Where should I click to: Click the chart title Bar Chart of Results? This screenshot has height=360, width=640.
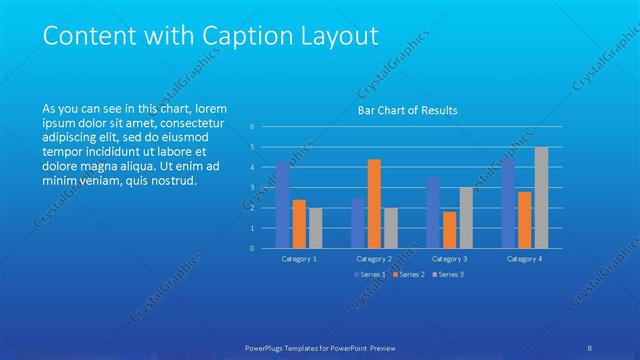(408, 110)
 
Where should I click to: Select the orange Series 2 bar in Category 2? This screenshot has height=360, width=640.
(374, 203)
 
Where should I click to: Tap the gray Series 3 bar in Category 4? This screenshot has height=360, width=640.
(541, 197)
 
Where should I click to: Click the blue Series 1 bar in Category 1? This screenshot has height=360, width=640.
(283, 205)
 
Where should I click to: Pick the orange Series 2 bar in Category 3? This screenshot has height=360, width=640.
(449, 229)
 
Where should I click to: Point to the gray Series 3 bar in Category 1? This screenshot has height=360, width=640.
(316, 227)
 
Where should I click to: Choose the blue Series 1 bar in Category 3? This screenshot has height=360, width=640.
(433, 212)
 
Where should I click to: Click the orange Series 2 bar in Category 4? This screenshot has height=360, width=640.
(525, 219)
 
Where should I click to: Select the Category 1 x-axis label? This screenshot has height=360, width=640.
(299, 258)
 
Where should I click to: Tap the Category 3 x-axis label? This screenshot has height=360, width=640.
(449, 258)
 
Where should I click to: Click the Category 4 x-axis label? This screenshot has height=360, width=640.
(524, 258)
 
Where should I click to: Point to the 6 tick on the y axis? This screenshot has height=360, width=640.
(253, 126)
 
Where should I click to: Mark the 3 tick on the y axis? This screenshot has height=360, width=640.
(253, 187)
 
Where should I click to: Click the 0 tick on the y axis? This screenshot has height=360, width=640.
(253, 248)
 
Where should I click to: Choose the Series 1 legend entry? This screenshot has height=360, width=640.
(371, 274)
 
